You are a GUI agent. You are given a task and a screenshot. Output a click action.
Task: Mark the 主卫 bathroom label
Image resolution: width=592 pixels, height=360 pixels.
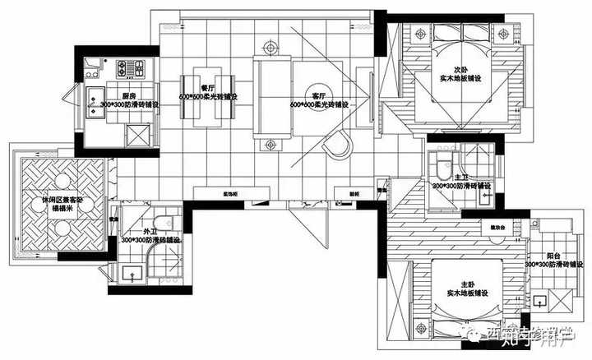[460, 177]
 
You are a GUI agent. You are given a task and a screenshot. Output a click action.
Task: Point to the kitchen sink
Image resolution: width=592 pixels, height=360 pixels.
[92, 95]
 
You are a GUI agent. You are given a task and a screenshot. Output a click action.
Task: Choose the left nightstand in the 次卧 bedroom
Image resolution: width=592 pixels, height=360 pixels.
[421, 35]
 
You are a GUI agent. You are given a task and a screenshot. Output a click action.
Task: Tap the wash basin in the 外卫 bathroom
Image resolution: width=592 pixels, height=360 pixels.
[131, 272]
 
